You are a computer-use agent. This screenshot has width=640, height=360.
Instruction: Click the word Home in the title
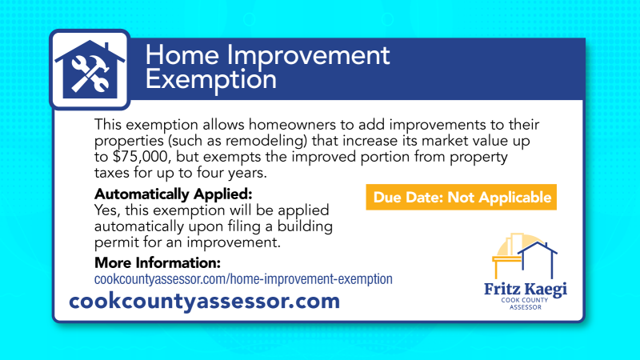coord(180,56)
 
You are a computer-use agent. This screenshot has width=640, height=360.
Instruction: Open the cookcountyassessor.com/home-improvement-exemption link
coord(243,279)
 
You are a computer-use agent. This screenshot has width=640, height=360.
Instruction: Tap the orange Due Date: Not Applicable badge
coord(460,197)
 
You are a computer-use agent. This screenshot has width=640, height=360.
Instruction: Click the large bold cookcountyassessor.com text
coord(205,302)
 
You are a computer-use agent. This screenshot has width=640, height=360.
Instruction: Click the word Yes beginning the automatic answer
coord(106,210)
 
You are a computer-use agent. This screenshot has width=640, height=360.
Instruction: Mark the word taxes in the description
coord(113,173)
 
